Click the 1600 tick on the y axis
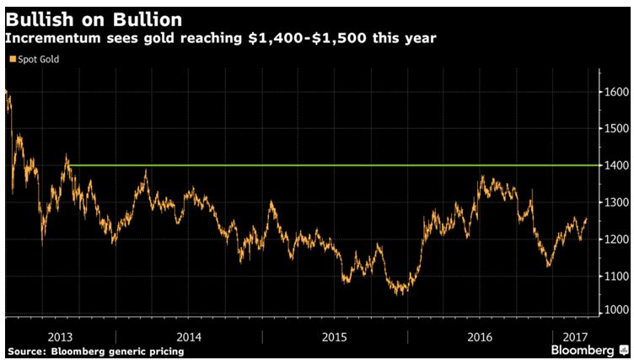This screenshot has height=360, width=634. click(x=615, y=91)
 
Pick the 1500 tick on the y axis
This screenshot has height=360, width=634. click(x=615, y=128)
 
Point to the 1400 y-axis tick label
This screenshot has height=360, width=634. click(x=615, y=165)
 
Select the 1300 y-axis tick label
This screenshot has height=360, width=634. click(x=615, y=202)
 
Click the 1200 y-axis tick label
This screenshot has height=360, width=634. click(x=615, y=239)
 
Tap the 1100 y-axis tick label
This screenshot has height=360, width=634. click(x=615, y=277)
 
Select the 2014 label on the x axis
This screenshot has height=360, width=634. click(x=189, y=336)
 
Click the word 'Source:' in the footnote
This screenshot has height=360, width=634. click(x=26, y=349)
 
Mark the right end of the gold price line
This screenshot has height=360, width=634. click(x=587, y=218)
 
